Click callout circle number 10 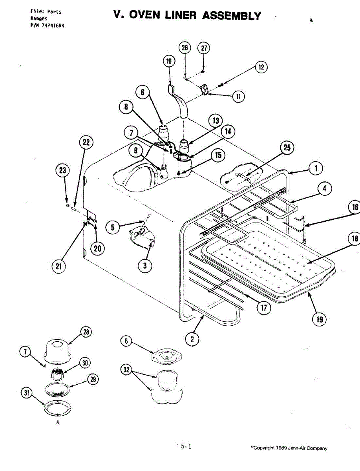[x=169, y=61]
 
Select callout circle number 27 [x=203, y=48]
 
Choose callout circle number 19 [x=320, y=319]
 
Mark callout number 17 [x=264, y=308]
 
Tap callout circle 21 [x=58, y=266]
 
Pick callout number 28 [x=85, y=332]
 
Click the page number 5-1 [x=186, y=446]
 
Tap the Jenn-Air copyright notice [x=290, y=448]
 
